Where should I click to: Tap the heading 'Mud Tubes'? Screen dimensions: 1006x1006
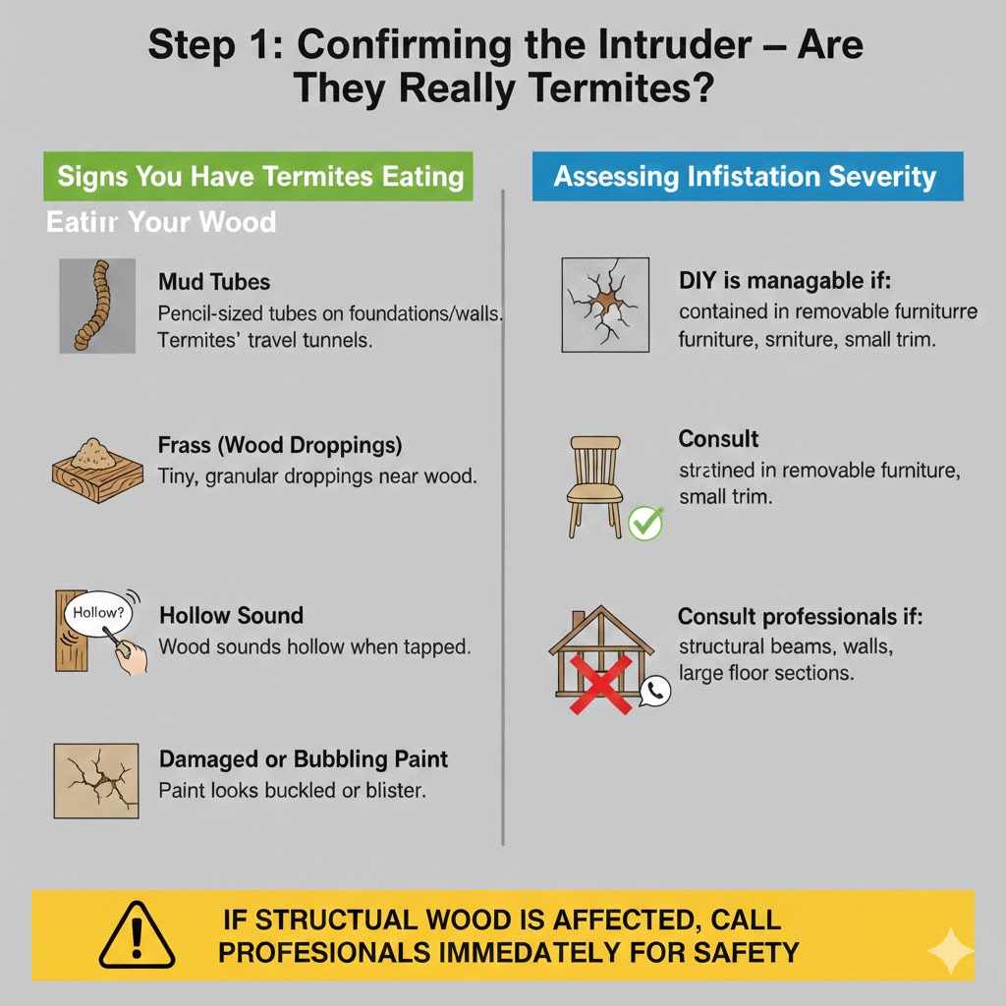214,282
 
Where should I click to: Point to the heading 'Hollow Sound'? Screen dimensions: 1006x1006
231,616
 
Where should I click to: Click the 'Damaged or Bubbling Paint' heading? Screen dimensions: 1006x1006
303,759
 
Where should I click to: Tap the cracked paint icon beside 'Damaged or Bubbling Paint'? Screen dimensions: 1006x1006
96,781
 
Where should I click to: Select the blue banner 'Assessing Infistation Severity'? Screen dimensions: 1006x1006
747,177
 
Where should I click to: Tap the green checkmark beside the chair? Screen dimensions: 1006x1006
645,523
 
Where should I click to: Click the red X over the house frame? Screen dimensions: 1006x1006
600,683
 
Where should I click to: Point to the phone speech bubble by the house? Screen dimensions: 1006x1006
654,692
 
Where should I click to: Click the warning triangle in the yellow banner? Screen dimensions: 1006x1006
137,935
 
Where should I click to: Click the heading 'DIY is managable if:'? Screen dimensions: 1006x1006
784,282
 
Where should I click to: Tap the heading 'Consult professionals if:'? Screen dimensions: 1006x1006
801,618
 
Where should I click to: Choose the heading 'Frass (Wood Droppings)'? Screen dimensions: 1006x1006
280,445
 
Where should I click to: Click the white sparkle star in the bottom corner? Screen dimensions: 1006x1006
950,951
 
